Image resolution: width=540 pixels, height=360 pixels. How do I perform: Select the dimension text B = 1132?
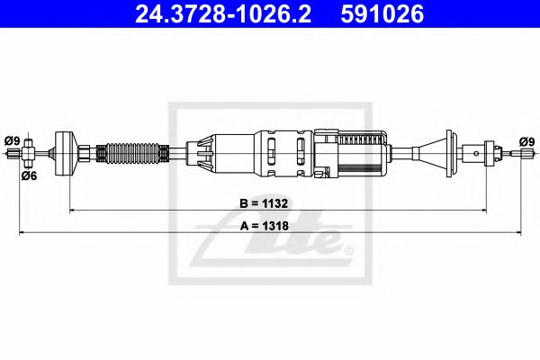tap(270, 203)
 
